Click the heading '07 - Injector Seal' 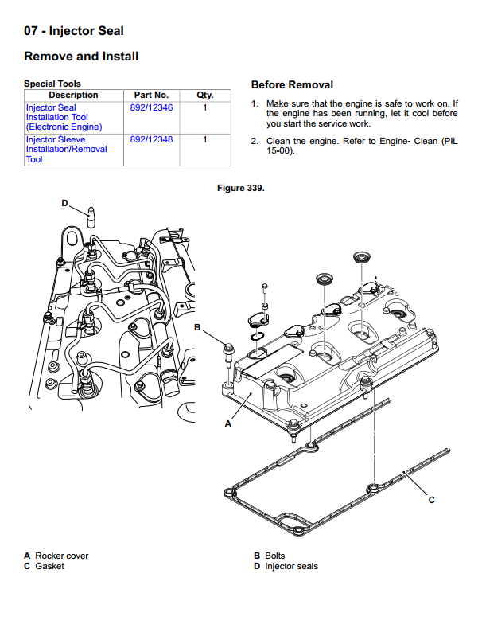pos(73,31)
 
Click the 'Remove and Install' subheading pos(81,57)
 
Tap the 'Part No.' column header pos(151,96)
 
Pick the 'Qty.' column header pos(204,96)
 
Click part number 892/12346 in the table pos(151,107)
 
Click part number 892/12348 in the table pos(151,140)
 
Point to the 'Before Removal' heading pos(292,85)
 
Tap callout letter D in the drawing pos(65,203)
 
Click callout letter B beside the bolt pos(197,327)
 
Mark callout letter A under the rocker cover pos(228,423)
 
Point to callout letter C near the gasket pos(431,500)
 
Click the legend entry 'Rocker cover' pos(62,556)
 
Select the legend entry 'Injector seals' pos(291,566)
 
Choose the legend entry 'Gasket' pos(49,566)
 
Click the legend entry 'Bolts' pos(275,556)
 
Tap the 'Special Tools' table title pos(52,84)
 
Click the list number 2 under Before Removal pos(255,141)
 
